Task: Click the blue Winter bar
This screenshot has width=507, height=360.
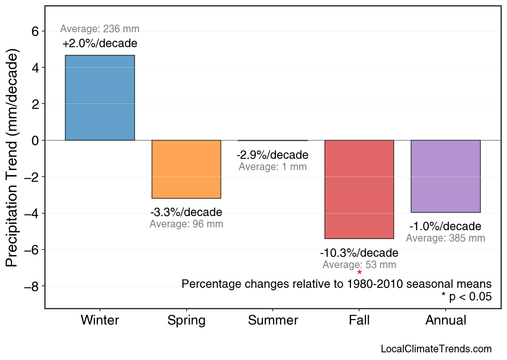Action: click(100, 98)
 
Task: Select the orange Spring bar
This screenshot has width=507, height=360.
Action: click(186, 169)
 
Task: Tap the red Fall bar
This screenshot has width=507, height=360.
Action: click(359, 189)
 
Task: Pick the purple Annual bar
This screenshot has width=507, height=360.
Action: click(445, 176)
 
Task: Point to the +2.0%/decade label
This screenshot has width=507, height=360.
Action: click(100, 44)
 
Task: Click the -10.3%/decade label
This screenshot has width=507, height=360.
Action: click(359, 253)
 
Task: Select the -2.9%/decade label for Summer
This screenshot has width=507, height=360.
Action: click(272, 155)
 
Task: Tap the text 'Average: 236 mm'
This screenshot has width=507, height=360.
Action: click(100, 29)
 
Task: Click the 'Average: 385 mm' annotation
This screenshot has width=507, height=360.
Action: click(445, 238)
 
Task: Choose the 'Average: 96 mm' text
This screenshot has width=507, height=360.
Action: click(186, 224)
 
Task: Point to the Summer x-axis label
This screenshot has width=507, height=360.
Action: click(273, 320)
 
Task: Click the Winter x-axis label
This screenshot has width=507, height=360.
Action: click(100, 320)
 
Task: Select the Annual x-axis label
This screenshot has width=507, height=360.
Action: click(446, 320)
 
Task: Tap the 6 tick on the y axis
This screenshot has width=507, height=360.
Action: click(35, 31)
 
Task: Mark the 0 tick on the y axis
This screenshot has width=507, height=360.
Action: click(35, 140)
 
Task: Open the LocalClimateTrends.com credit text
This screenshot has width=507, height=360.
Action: click(436, 349)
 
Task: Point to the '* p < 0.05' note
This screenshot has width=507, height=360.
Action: click(466, 297)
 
